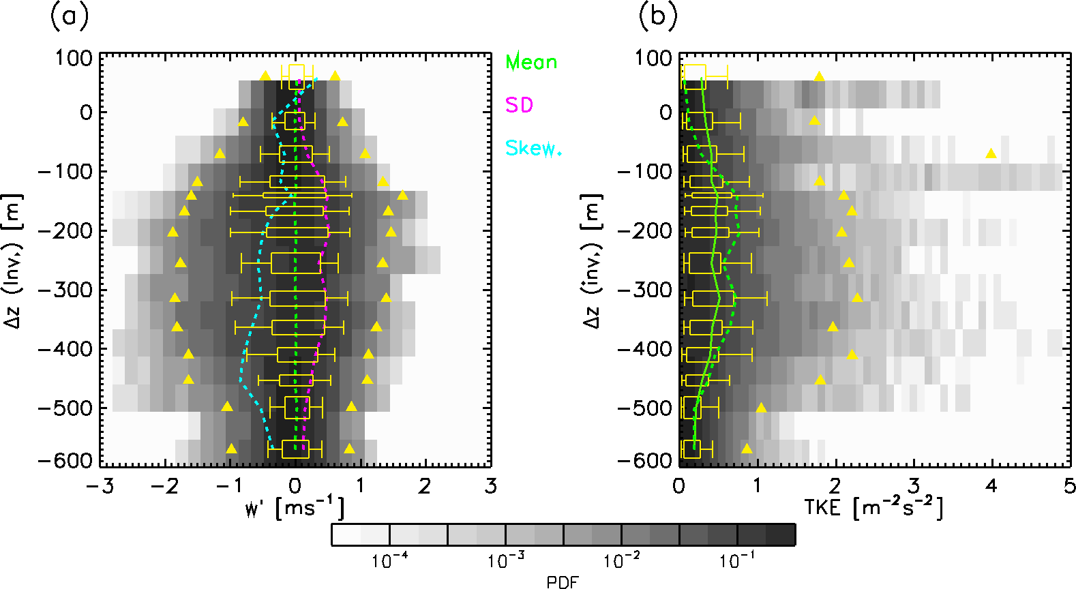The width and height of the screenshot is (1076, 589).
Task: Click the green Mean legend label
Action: (x=531, y=62)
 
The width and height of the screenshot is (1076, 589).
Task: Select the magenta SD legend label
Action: (x=519, y=105)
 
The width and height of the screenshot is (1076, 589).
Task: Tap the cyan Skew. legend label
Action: (x=533, y=148)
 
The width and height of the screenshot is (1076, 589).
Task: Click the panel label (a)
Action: (x=70, y=16)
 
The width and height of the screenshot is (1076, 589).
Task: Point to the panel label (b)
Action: (x=657, y=16)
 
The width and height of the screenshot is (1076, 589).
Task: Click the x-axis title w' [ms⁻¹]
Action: (x=295, y=508)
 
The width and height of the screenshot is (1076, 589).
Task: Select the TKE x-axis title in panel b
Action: (x=873, y=508)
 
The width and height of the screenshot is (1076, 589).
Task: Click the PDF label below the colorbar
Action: (x=563, y=582)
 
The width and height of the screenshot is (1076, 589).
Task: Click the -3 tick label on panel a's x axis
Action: (x=96, y=486)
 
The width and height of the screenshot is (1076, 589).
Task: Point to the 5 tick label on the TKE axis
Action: (x=1069, y=486)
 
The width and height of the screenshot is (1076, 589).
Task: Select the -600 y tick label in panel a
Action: (x=65, y=461)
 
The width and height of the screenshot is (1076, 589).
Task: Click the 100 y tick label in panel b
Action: (x=653, y=58)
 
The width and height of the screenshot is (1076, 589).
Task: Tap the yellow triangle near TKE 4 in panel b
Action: (x=991, y=153)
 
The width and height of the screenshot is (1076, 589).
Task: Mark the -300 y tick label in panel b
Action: (x=644, y=290)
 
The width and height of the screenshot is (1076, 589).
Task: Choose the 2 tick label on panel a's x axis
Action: (x=425, y=486)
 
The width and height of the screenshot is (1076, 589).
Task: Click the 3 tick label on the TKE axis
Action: (x=914, y=486)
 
